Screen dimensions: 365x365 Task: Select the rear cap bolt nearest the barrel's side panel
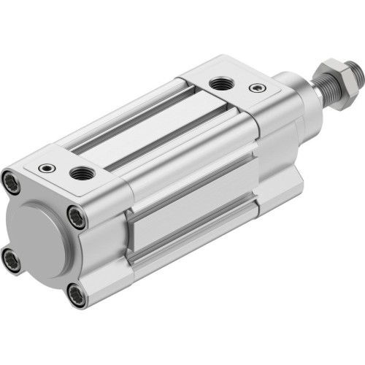(76, 216)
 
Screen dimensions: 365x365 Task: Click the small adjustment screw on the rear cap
(47, 166)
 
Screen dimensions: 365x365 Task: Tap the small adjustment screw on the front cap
(255, 88)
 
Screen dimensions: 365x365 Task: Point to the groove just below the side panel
(197, 245)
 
